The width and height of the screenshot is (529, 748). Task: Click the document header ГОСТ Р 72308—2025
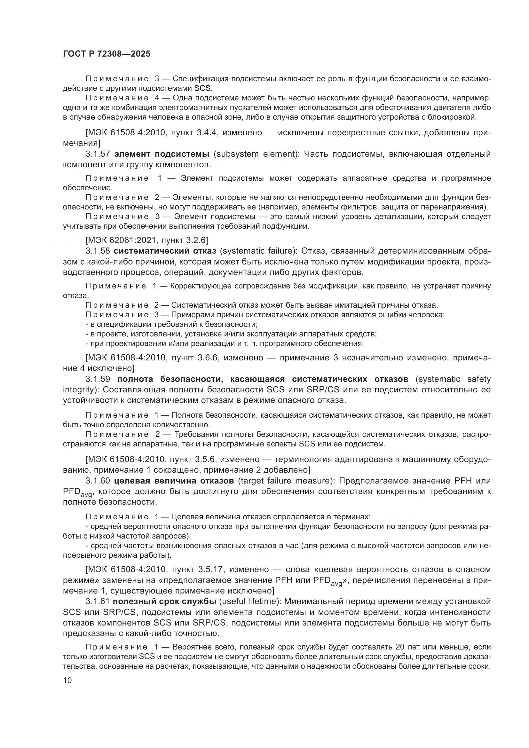[x=107, y=54]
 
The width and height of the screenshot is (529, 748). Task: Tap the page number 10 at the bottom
[x=67, y=680]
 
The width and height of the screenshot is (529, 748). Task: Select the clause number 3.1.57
[x=98, y=154]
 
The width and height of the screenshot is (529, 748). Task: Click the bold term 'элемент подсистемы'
[x=162, y=154]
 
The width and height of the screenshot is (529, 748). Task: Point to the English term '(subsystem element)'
[x=257, y=154]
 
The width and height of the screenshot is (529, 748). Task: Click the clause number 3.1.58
[x=98, y=251]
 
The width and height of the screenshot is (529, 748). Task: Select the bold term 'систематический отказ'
[x=165, y=251]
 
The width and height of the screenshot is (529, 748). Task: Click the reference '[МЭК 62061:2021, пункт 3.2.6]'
[x=146, y=240]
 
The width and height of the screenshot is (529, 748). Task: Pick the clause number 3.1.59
[x=98, y=379]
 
